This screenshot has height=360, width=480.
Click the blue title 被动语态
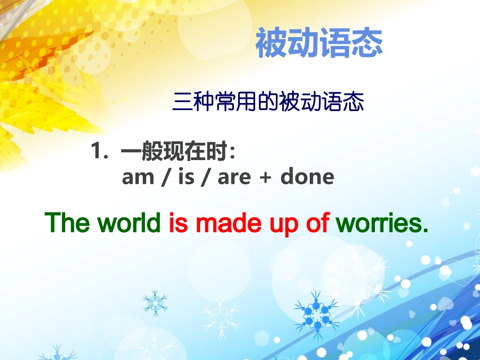[x=319, y=43]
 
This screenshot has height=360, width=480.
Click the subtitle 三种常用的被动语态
[x=268, y=102]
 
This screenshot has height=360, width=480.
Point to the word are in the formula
[x=234, y=177]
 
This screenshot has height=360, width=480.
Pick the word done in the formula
[x=307, y=177]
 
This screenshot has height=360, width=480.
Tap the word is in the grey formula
[x=186, y=177]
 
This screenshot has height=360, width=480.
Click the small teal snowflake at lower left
[x=155, y=302]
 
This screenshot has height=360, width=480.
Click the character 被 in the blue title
[x=271, y=43]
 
